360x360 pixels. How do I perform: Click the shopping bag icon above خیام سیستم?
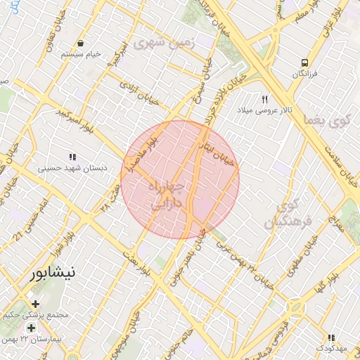(82, 44)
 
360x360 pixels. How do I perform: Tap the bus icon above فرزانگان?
(304, 62)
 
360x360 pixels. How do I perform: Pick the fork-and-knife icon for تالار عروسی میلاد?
(265, 99)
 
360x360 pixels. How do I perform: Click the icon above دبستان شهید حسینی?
(72, 157)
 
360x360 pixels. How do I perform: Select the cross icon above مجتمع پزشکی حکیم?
(35, 304)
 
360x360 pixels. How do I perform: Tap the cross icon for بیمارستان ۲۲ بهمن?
(32, 328)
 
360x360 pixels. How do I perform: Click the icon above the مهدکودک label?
(331, 337)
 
